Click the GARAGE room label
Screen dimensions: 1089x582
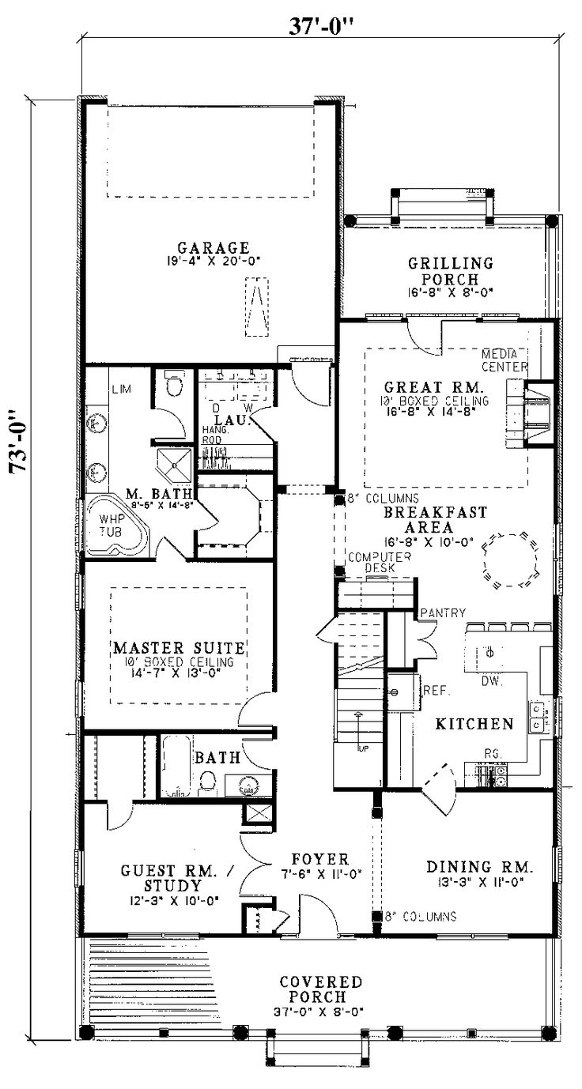[x=214, y=247]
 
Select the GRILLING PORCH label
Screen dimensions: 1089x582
[x=450, y=271]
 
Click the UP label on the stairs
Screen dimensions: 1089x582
[x=363, y=747]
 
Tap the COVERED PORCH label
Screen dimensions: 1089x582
[x=321, y=989]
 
